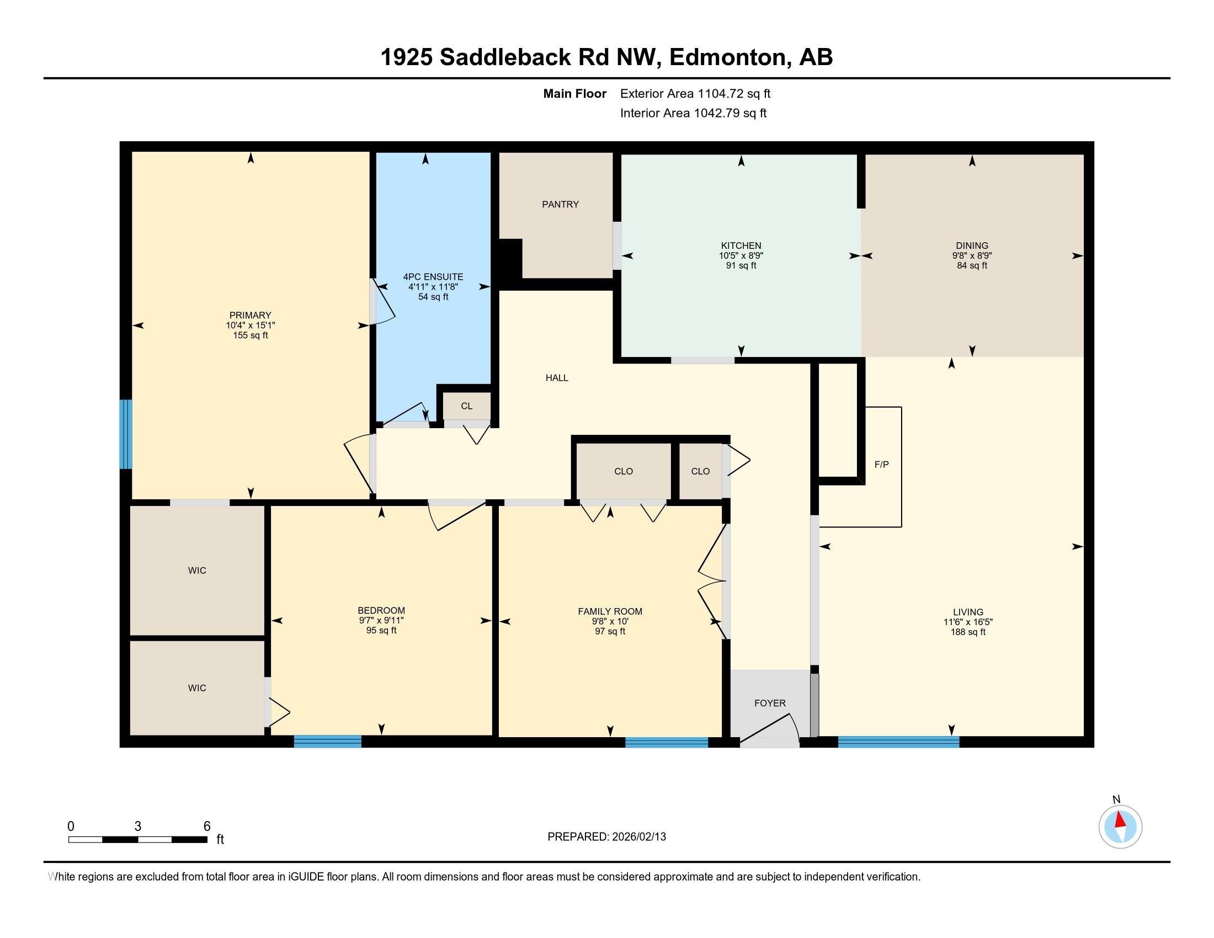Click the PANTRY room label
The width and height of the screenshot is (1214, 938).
coord(560,205)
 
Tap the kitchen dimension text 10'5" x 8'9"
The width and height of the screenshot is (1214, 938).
coord(741,255)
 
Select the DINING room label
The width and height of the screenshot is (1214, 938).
coord(972,246)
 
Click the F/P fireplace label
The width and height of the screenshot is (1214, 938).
coord(882,465)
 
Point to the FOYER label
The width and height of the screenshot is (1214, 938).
coord(770,703)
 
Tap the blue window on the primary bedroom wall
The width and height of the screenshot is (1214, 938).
coord(126,434)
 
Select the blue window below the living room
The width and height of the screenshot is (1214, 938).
coord(898,741)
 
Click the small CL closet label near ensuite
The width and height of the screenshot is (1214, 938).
coord(466,406)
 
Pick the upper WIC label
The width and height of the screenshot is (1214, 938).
coord(197,571)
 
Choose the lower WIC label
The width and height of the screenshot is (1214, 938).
coord(197,688)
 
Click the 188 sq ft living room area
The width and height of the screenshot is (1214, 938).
coord(968,632)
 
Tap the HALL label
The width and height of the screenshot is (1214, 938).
coord(556,378)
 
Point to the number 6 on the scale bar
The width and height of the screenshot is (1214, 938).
coord(207,827)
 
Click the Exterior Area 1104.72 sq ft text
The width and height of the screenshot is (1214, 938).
coord(695,93)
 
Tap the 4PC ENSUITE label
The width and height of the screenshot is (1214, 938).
coord(433,277)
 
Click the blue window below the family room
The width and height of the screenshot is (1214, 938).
coord(667,741)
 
